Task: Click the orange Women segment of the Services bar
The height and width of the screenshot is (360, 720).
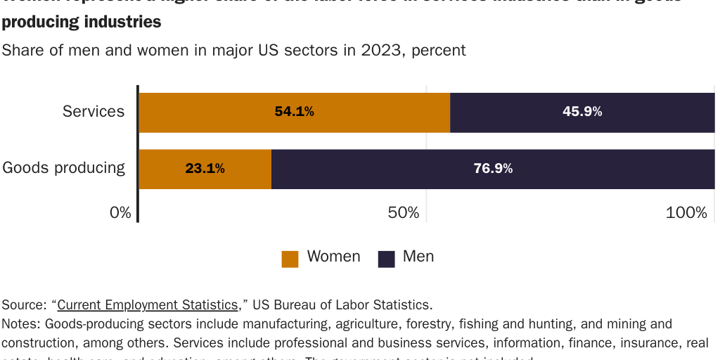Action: [x=211, y=112]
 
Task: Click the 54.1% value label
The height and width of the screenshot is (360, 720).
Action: [x=294, y=112]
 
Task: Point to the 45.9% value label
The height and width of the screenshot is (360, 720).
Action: [x=582, y=112]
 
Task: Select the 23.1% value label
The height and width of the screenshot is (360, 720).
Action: [x=205, y=169]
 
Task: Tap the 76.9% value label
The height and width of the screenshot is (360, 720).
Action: [x=493, y=169]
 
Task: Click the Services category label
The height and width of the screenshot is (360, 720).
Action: [x=94, y=111]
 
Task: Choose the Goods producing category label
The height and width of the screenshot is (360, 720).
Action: [x=64, y=168]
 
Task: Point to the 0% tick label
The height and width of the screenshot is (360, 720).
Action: [x=120, y=212]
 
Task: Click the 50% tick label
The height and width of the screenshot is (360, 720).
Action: [x=404, y=212]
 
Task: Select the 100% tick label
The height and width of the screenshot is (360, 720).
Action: [x=686, y=212]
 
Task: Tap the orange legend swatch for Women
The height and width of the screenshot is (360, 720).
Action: [x=290, y=259]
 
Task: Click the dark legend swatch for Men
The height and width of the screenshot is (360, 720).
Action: [x=387, y=259]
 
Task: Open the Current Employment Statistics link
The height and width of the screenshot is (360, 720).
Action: [x=148, y=305]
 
